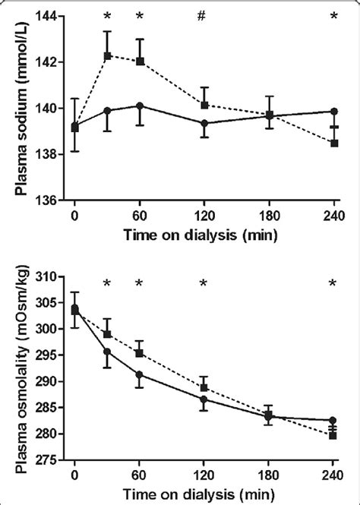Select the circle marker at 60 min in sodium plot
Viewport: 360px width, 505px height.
140,106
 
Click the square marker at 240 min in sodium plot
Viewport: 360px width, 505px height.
334,143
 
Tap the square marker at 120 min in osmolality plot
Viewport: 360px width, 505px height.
204,387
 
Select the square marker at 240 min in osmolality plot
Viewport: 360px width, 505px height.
334,435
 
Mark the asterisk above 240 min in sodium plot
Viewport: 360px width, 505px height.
334,17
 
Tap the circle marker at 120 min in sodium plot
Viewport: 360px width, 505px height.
204,123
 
